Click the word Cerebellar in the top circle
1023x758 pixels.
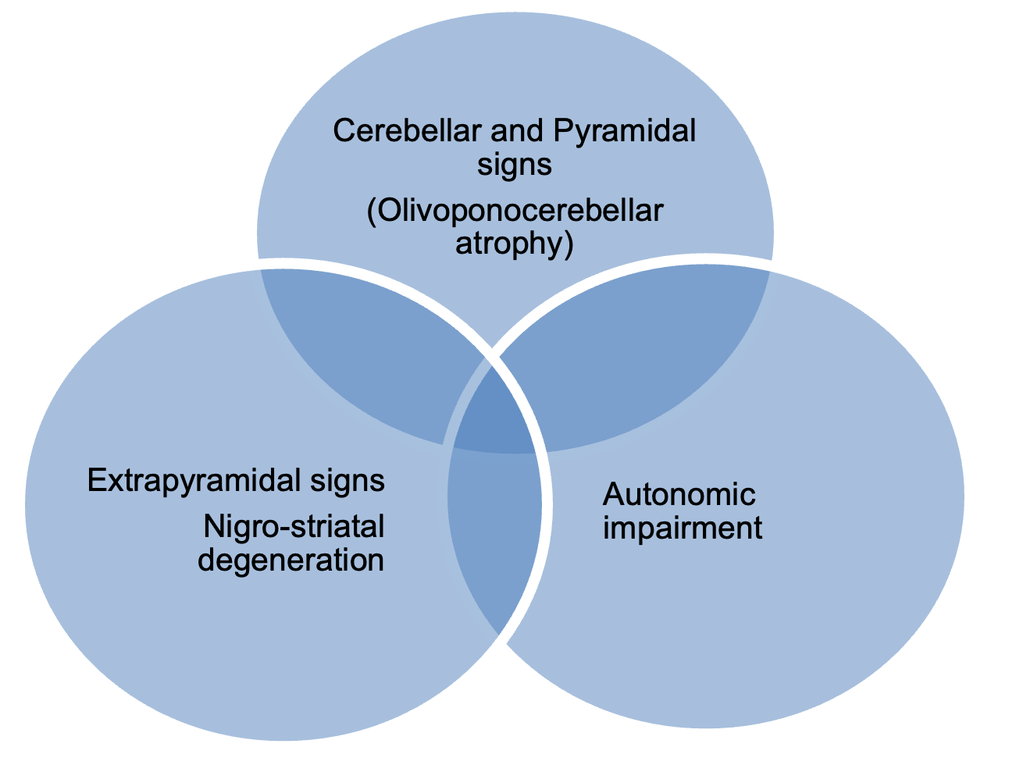pos(406,131)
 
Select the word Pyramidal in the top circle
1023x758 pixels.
pos(624,131)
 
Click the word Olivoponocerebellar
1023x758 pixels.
pos(520,212)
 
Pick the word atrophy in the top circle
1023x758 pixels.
pos(508,244)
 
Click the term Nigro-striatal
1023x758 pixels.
pos(294,527)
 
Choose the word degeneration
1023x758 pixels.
pos(291,560)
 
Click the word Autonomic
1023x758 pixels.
pos(679,495)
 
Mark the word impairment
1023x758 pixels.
pos(683,528)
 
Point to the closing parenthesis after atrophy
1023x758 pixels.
pos(569,245)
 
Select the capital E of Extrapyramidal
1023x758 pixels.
pos(96,481)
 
